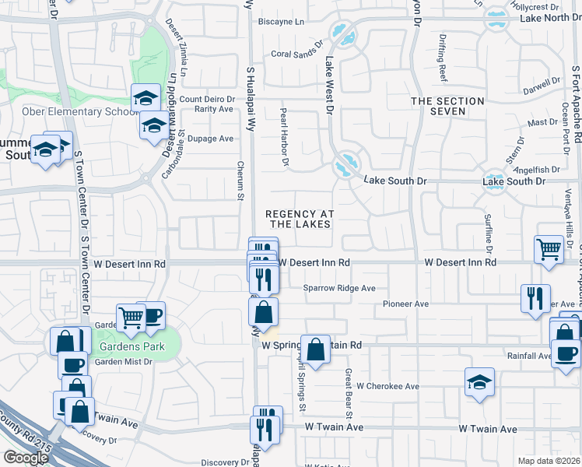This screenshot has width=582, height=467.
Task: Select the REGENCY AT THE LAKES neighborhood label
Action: coord(300,219)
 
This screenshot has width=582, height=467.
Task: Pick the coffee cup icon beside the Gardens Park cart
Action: coord(152,314)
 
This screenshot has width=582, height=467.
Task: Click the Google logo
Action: coord(26,457)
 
